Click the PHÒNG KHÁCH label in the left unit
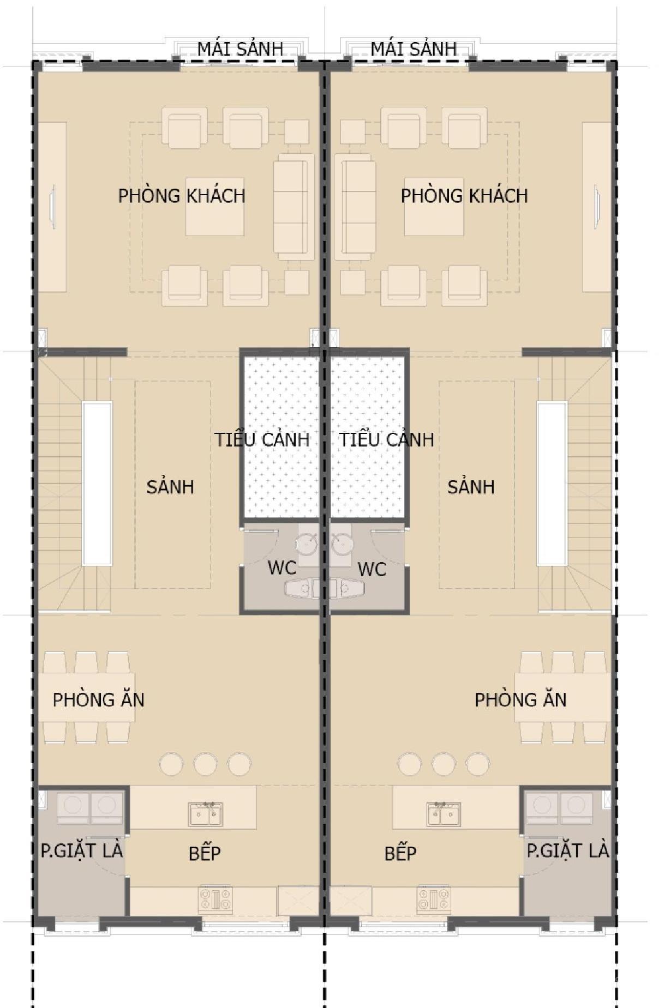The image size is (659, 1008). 182,195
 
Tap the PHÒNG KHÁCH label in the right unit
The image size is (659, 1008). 464,195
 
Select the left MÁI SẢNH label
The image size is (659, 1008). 240,48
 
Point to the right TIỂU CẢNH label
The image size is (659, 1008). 387,439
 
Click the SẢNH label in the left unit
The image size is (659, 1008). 170,486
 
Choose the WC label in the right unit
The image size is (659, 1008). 372,569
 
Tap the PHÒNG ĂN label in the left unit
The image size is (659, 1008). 99,699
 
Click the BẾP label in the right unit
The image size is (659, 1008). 400,853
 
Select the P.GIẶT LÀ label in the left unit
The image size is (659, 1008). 82,850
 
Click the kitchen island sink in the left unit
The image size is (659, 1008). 206,813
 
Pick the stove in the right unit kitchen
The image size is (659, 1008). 434,900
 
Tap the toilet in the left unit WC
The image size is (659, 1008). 302,588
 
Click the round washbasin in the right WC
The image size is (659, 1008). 342,544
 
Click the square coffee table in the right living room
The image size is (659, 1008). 434,207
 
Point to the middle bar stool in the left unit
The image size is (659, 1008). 205,764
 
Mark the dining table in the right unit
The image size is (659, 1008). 562,697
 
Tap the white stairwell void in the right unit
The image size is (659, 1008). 552,484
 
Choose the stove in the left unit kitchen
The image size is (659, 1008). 215,900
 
